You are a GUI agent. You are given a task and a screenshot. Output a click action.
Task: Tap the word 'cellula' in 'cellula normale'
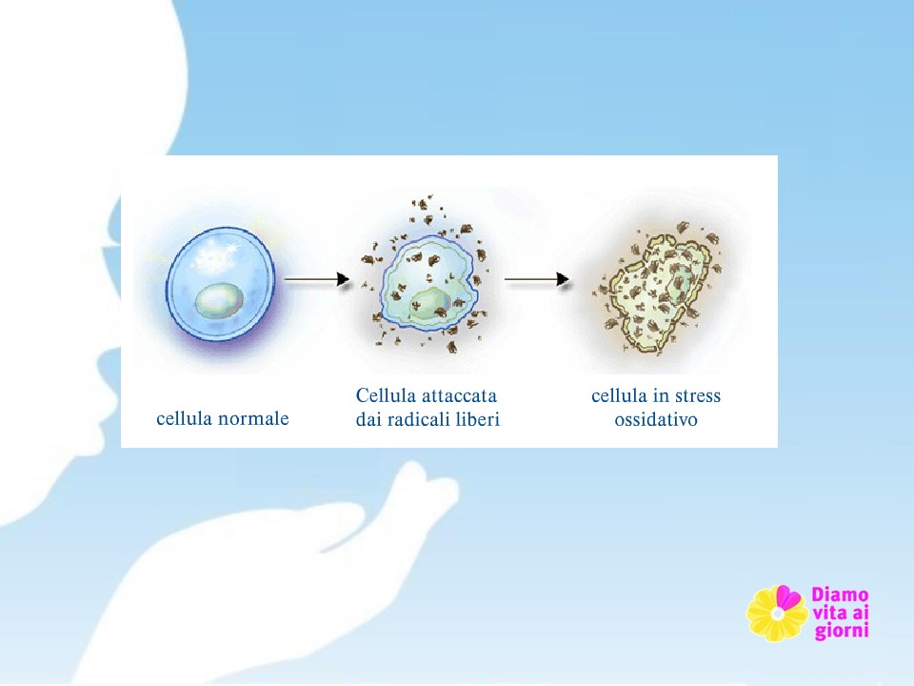point(185,419)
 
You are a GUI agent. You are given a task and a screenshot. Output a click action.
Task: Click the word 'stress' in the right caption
point(697,396)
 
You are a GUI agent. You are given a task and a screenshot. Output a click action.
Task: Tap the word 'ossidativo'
point(656,419)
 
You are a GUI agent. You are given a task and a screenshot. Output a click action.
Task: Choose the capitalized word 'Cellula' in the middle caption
point(386,395)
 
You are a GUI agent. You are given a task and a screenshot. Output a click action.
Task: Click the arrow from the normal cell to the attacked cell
point(316,279)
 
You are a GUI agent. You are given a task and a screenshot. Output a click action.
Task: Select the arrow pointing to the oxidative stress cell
point(536,279)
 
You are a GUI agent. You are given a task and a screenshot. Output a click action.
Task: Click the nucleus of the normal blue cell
point(219,300)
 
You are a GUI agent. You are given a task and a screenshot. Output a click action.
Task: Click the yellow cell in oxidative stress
point(659,293)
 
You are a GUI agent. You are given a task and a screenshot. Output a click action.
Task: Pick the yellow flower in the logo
point(777,613)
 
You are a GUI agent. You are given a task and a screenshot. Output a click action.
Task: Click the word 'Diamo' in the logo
point(840,595)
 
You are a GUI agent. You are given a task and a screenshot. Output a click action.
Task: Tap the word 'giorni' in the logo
point(842,631)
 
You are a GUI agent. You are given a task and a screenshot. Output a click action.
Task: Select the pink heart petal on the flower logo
point(788,597)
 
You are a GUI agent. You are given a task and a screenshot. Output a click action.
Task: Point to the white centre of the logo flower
point(777,614)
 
